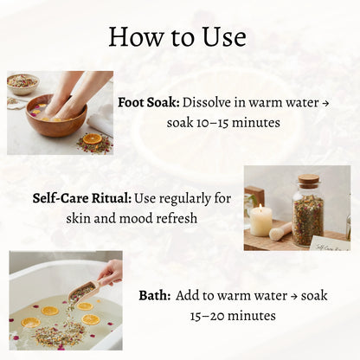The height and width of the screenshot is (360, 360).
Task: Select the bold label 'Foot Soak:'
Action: [x=148, y=101]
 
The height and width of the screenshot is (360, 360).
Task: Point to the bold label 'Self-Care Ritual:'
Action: [x=82, y=197]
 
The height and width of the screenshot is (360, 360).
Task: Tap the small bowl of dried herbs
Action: [x=22, y=83]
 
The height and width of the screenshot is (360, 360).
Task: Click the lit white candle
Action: [x=260, y=221]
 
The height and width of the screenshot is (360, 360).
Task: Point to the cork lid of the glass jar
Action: [x=308, y=182]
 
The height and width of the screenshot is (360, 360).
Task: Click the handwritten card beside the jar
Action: [x=329, y=242]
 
